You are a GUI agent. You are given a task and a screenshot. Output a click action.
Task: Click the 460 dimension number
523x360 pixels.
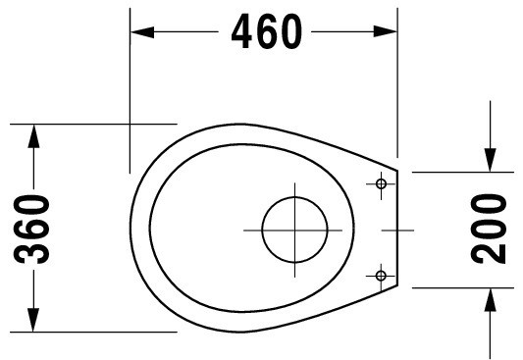pyautogui.click(x=267, y=31)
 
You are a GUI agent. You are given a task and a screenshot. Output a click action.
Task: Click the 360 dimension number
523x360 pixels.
pyautogui.click(x=31, y=230)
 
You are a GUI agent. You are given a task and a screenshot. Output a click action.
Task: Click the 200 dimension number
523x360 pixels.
pyautogui.click(x=489, y=229)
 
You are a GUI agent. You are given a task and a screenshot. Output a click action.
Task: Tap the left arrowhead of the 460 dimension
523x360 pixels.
pyautogui.click(x=142, y=32)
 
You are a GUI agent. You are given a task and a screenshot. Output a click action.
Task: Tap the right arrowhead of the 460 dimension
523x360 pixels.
pyautogui.click(x=386, y=31)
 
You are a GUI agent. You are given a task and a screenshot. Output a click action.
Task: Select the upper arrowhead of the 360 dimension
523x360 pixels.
pyautogui.click(x=33, y=136)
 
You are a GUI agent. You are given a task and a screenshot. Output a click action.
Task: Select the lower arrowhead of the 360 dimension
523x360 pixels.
pyautogui.click(x=33, y=320)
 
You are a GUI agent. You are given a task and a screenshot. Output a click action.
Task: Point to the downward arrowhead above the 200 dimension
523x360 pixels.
pyautogui.click(x=490, y=160)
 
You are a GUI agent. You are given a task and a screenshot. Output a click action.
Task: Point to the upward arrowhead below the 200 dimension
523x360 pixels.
pyautogui.click(x=490, y=299)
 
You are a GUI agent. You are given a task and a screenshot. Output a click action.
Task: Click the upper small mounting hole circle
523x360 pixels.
pyautogui.click(x=381, y=183)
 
